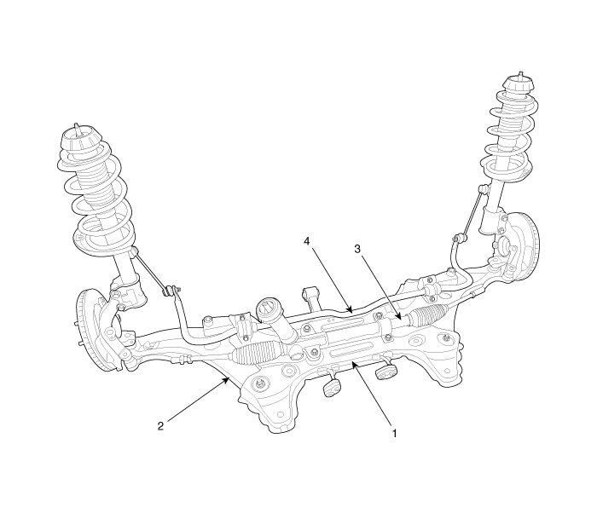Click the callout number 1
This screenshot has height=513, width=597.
coord(395,433)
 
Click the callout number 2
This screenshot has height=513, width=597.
coord(160,425)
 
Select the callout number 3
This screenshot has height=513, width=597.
coord(357,249)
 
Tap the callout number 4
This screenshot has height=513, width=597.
coord(307,241)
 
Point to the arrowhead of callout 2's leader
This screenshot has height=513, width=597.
coord(228,379)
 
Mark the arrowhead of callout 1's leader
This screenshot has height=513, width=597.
coord(353,365)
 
